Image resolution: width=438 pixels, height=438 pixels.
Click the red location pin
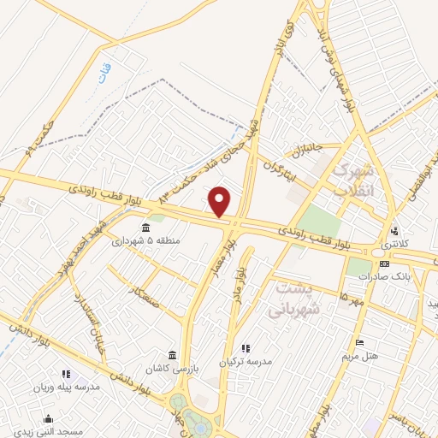click(x=221, y=202)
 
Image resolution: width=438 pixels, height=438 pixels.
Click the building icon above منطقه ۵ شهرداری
click(x=145, y=228)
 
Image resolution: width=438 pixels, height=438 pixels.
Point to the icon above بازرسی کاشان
click(x=173, y=354)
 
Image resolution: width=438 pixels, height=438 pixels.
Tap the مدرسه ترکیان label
click(x=246, y=361)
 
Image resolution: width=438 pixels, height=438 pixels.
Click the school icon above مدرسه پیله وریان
click(x=66, y=374)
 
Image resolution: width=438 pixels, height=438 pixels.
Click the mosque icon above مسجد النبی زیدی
click(x=49, y=418)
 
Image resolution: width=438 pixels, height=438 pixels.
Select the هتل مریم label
click(x=359, y=354)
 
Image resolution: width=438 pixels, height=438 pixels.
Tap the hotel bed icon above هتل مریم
click(x=359, y=342)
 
